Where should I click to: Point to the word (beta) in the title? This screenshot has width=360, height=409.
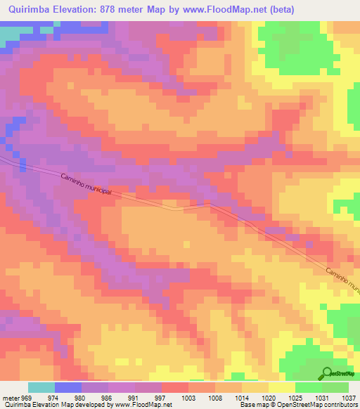(x=281, y=9)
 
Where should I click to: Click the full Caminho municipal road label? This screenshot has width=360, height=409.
(x=86, y=188)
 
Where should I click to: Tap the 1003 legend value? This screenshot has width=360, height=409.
(x=189, y=397)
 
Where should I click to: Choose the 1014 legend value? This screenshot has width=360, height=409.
(x=243, y=397)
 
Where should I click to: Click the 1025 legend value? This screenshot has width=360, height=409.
(x=296, y=397)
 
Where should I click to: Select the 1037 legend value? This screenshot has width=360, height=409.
(x=349, y=397)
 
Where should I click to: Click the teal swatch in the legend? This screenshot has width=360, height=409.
(x=41, y=387)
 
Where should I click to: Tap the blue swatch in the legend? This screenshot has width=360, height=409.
(x=68, y=387)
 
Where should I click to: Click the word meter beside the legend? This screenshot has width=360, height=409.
(x=10, y=397)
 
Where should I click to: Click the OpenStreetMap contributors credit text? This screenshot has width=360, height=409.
(x=323, y=405)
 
